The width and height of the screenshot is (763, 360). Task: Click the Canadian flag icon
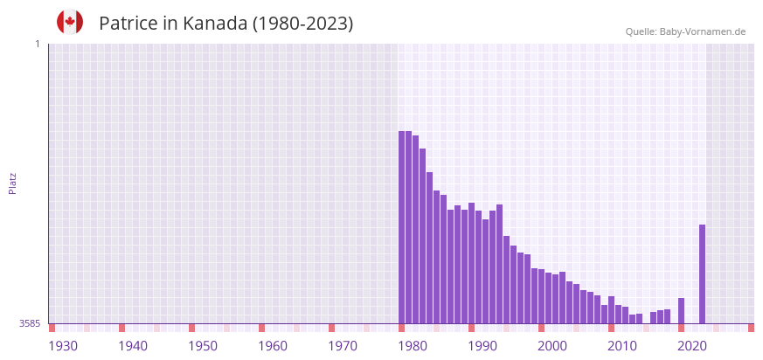coord(70,22)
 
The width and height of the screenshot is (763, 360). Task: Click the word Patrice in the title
coord(128,24)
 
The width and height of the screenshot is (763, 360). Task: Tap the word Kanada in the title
coord(215,24)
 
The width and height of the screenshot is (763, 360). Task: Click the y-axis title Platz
coord(12,183)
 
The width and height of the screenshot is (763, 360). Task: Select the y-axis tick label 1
coord(37,44)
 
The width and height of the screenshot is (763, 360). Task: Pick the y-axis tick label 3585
coord(30,323)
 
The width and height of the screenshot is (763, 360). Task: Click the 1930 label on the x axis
coord(63,346)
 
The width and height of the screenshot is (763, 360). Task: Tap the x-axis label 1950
coord(203,346)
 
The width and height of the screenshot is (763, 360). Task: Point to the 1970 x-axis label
coord(343,346)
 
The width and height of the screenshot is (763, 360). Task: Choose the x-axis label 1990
coord(482,346)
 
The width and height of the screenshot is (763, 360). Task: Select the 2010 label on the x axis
coord(622,346)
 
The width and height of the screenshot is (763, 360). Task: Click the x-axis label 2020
coord(692,346)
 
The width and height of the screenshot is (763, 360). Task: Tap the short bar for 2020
coord(681,310)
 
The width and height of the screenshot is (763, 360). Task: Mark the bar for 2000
coord(555,298)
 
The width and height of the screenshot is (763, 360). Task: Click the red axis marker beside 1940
coord(121,328)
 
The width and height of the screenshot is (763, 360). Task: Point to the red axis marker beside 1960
coord(261,328)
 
